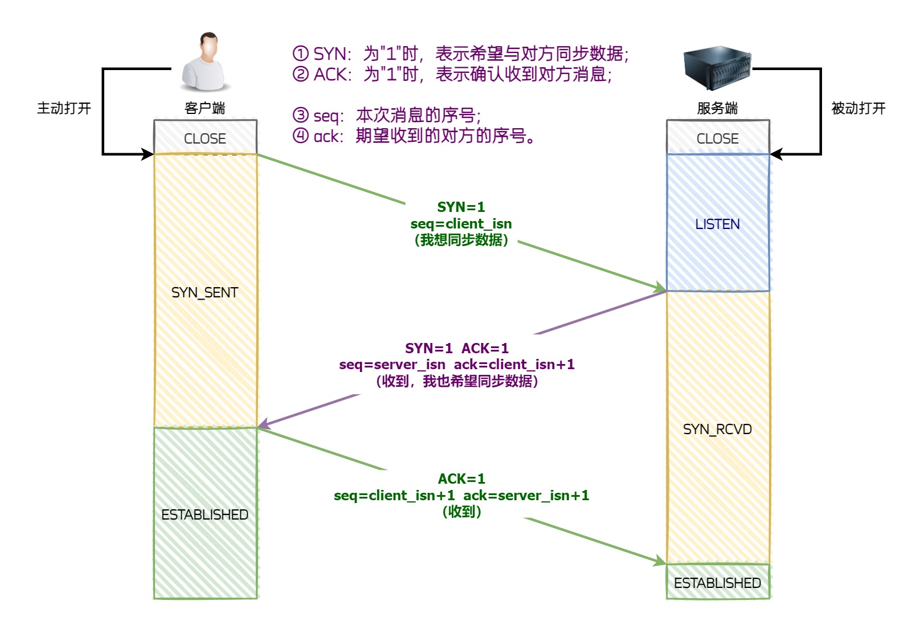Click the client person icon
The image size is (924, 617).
[x=206, y=62]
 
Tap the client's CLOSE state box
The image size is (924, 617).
[x=205, y=138]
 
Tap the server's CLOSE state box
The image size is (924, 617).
[x=718, y=138]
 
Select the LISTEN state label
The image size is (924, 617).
[x=717, y=224]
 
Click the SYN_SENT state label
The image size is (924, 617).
[x=205, y=292]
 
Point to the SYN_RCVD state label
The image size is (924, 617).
[x=717, y=429]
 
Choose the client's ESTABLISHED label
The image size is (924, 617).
[x=205, y=514]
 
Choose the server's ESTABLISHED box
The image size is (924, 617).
[x=717, y=582]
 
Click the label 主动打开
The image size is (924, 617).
[x=64, y=108]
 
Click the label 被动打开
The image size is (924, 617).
[x=858, y=108]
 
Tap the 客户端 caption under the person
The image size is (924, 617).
[x=205, y=108]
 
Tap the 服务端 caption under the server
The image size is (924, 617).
[x=717, y=108]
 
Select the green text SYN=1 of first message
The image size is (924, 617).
[x=461, y=207]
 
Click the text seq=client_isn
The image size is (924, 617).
[x=461, y=223]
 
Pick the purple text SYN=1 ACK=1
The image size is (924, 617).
[x=457, y=348]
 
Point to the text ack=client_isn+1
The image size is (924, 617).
[x=514, y=365]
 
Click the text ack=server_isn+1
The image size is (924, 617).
[x=526, y=496]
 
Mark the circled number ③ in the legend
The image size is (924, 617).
[x=300, y=116]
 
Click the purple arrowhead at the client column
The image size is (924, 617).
[x=263, y=424]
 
